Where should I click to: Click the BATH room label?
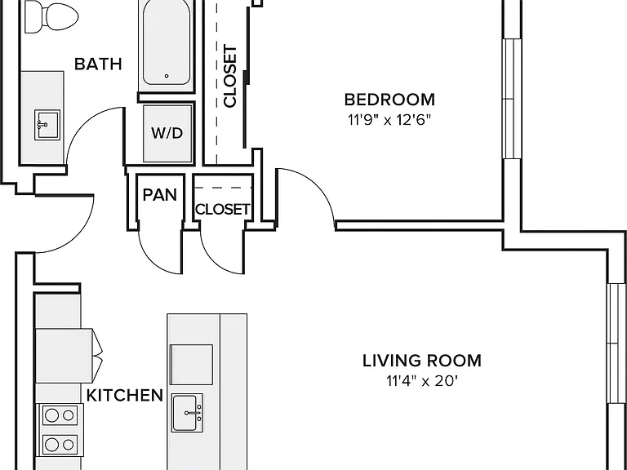[98, 64]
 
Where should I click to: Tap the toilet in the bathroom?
[51, 17]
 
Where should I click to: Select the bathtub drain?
[167, 76]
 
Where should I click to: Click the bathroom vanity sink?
[47, 125]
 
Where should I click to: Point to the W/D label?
[167, 133]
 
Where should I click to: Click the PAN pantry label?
[159, 195]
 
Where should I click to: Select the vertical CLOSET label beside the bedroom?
[230, 76]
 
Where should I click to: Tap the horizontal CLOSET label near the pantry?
[222, 209]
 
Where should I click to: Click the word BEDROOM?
[389, 100]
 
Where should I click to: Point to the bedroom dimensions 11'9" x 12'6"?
[389, 119]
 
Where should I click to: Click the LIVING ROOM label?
[422, 361]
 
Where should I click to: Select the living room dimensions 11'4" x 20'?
[422, 381]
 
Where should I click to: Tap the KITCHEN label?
[125, 395]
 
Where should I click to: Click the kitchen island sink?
[187, 412]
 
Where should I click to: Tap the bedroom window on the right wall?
[512, 99]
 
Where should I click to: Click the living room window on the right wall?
[616, 344]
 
